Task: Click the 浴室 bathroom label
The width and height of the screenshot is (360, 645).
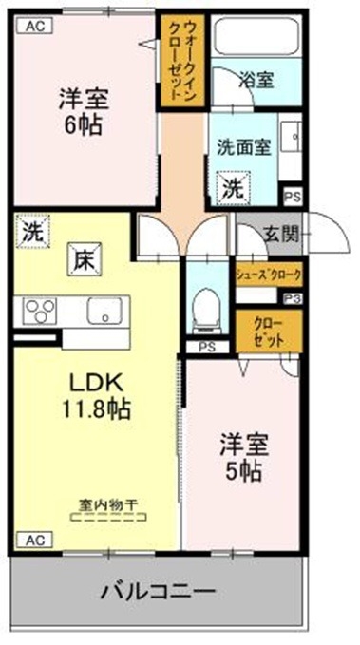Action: tap(256, 81)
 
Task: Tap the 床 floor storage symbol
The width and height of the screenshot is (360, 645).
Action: tap(82, 257)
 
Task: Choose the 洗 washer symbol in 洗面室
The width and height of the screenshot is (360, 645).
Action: tap(233, 187)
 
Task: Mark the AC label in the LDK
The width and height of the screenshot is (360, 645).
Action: tap(32, 539)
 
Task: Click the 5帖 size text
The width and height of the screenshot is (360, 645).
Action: tap(242, 469)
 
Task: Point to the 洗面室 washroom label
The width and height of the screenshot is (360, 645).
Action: tap(245, 147)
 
